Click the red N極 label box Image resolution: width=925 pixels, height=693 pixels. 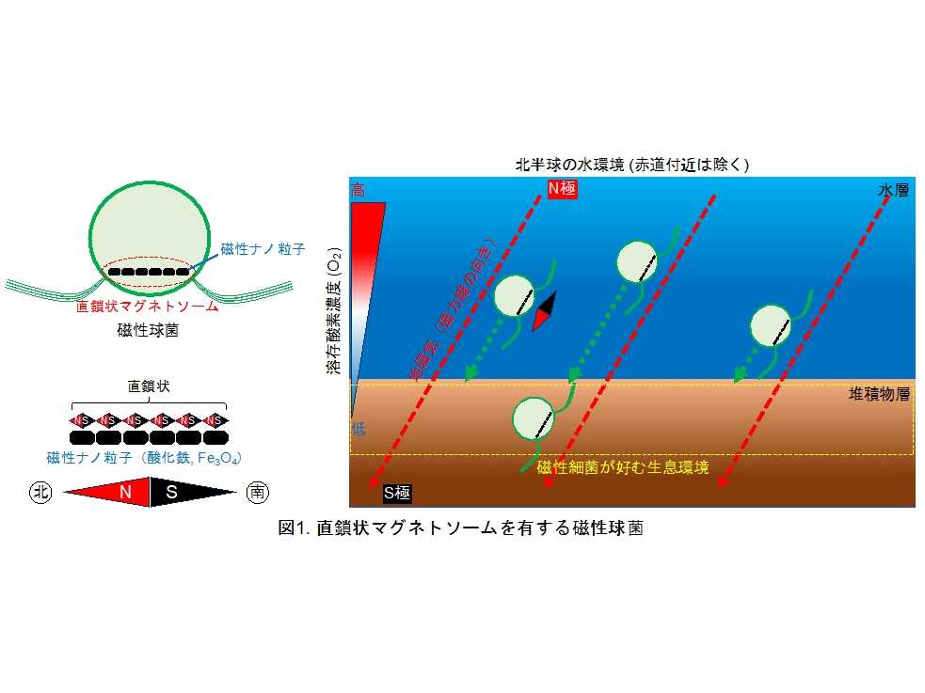pos(561,188)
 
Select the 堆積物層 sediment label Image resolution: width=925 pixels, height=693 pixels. pos(880,395)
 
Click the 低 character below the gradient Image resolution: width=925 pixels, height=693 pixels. pos(359,429)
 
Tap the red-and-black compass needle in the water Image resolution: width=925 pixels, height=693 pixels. pos(544,311)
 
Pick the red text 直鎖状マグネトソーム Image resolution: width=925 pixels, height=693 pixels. pos(149,307)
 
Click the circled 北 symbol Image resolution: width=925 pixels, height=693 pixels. pos(40,492)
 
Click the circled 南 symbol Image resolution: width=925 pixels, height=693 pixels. pos(256,492)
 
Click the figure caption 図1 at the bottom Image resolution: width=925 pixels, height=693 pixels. pos(460,528)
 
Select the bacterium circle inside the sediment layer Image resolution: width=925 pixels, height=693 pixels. pos(534,419)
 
